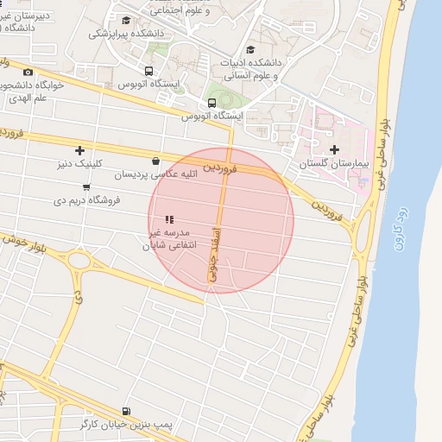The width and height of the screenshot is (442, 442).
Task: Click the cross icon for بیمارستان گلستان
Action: click(335, 149)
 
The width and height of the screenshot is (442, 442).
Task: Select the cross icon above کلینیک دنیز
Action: click(80, 150)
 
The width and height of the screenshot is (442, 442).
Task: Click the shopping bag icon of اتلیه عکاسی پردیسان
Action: click(155, 161)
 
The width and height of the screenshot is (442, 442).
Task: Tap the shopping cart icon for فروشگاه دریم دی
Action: click(86, 186)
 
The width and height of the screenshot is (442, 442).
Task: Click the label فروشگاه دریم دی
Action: click(85, 199)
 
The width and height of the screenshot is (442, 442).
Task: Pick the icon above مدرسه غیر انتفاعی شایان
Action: click(170, 219)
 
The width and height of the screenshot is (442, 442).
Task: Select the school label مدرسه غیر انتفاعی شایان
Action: click(172, 239)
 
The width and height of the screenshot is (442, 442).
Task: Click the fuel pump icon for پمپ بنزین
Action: click(128, 412)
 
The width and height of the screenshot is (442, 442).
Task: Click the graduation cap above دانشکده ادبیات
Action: click(251, 49)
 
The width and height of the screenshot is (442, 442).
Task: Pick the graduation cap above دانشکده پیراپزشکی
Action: click(126, 21)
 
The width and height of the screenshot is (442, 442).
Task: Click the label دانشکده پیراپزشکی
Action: click(124, 35)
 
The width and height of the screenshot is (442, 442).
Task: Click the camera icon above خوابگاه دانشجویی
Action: click(28, 73)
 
